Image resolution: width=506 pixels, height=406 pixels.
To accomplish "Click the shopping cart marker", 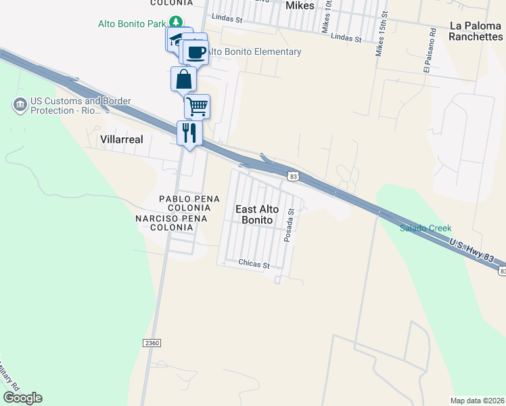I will click(x=197, y=106).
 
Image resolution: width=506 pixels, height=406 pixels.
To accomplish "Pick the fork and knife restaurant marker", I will click(x=189, y=132).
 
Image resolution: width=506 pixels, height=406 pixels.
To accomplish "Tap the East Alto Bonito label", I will click(x=257, y=215).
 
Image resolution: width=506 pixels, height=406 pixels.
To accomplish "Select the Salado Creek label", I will click(x=425, y=228).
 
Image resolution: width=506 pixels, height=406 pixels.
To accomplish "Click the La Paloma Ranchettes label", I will click(x=476, y=31).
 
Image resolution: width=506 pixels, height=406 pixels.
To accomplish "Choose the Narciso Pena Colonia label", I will click(x=165, y=223).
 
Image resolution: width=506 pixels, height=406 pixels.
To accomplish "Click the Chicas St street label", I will click(x=254, y=263).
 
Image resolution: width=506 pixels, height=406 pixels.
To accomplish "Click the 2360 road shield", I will click(x=152, y=343).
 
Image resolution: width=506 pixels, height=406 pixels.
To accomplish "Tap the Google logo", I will click(x=22, y=398).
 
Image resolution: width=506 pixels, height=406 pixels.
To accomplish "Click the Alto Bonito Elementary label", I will click(x=254, y=52).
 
